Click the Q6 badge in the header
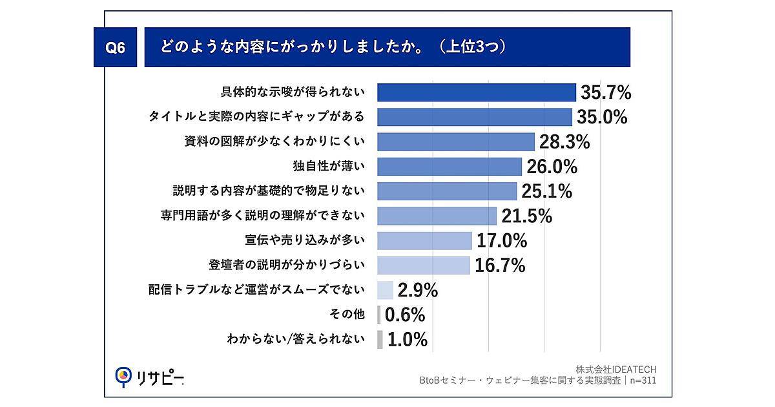point(115,48)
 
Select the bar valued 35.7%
point(476,92)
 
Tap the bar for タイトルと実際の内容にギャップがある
point(474,117)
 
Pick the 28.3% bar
point(455,141)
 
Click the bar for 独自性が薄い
point(449,167)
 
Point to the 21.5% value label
point(526,216)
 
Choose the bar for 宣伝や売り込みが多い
point(424,240)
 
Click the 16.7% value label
point(500,265)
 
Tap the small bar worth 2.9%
point(385,290)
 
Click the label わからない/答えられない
point(296,339)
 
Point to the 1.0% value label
point(407,340)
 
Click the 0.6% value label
point(405,315)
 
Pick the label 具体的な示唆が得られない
point(293,92)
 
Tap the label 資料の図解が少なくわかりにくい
point(274,141)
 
